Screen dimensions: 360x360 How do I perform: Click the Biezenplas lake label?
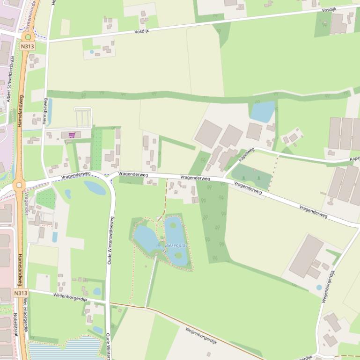(x=176, y=245)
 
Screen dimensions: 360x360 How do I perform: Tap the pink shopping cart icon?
(x=72, y=135)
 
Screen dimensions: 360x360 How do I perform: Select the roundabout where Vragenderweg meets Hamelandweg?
(x=19, y=185)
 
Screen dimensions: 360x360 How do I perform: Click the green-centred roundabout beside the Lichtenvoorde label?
(x=28, y=37)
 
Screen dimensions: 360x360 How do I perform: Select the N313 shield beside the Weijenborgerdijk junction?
(x=20, y=293)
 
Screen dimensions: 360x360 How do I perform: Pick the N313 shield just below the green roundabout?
(x=28, y=46)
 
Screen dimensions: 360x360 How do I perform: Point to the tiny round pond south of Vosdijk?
(x=92, y=52)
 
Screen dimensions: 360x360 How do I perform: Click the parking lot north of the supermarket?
(x=82, y=117)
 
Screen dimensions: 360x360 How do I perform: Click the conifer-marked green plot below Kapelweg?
(x=251, y=176)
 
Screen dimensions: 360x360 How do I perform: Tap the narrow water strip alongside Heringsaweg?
(x=50, y=112)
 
